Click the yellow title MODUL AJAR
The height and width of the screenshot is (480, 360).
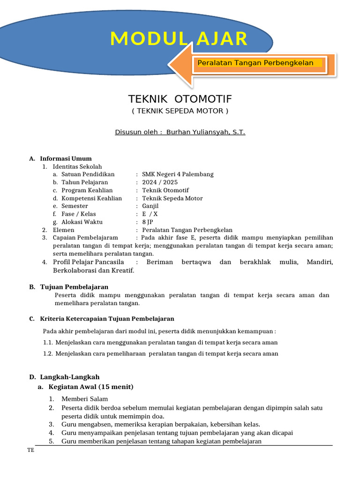pyautogui.click(x=179, y=38)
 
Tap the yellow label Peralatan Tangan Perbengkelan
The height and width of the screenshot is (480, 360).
pyautogui.click(x=255, y=63)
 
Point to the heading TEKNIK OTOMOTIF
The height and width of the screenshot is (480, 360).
pyautogui.click(x=180, y=99)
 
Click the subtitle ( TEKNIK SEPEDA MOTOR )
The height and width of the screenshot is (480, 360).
pyautogui.click(x=180, y=111)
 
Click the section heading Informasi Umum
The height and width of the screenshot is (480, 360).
pyautogui.click(x=66, y=158)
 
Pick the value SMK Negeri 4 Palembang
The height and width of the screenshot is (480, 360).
pyautogui.click(x=178, y=174)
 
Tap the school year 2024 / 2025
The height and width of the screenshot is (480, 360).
pyautogui.click(x=160, y=182)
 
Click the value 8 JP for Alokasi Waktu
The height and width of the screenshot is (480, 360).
pyautogui.click(x=148, y=222)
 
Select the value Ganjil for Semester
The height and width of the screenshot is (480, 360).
pyautogui.click(x=150, y=206)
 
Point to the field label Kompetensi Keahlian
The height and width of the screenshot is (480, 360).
pyautogui.click(x=91, y=198)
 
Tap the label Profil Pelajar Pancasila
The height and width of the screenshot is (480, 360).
pyautogui.click(x=89, y=262)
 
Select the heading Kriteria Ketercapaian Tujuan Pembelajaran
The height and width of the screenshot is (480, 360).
pyautogui.click(x=107, y=319)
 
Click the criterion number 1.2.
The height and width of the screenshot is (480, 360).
pyautogui.click(x=48, y=354)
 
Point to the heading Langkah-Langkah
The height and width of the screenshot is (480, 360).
pyautogui.click(x=70, y=377)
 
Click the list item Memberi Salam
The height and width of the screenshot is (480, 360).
pyautogui.click(x=84, y=399)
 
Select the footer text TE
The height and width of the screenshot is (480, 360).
pyautogui.click(x=30, y=450)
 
